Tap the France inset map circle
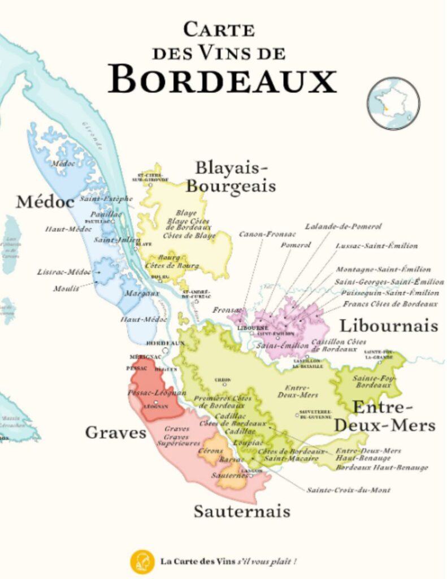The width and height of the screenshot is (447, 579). click(393, 103)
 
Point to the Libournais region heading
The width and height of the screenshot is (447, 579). click(388, 326)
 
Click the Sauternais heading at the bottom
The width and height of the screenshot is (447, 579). click(242, 511)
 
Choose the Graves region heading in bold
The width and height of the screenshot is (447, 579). click(115, 433)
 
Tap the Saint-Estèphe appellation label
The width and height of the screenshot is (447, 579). click(106, 198)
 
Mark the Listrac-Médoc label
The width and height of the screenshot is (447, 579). click(64, 272)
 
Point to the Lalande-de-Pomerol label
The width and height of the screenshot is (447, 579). click(343, 226)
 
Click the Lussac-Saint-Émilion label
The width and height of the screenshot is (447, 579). click(376, 246)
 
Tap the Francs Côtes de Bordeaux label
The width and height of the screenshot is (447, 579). click(390, 304)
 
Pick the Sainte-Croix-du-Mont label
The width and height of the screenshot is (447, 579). click(348, 490)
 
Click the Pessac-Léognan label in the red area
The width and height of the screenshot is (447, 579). click(157, 392)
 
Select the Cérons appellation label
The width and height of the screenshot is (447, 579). click(210, 452)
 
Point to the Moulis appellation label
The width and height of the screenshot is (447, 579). click(67, 288)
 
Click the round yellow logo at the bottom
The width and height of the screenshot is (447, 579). click(142, 561)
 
